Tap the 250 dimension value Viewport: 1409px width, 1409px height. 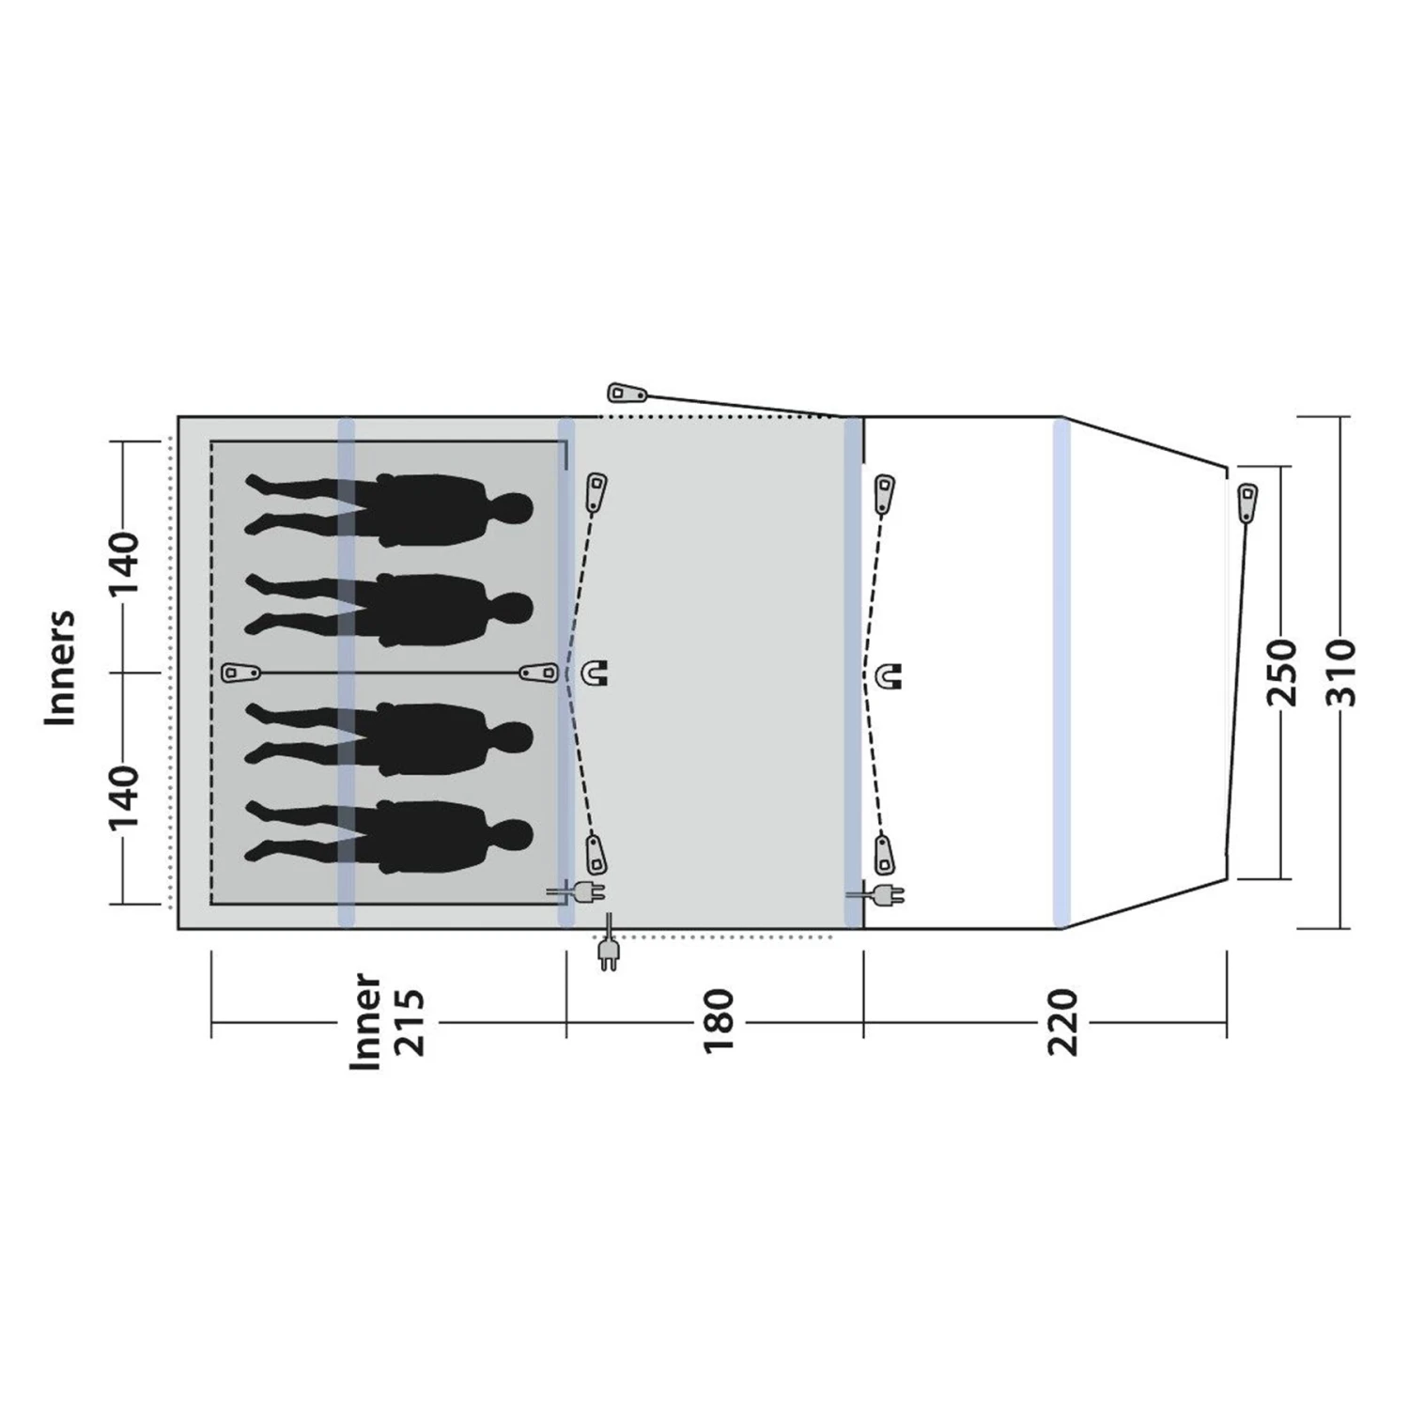(x=1282, y=672)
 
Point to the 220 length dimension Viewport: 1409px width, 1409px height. (x=1063, y=1022)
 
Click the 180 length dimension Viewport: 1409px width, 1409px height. (x=718, y=1022)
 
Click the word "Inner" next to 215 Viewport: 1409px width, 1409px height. (x=366, y=1022)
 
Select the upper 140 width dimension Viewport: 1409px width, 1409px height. (x=124, y=562)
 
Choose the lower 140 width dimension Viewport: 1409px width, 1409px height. (x=124, y=797)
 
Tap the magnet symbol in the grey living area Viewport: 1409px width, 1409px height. (x=596, y=673)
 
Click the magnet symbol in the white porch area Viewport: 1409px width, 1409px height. (x=888, y=674)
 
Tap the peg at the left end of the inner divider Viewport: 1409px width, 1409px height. (x=240, y=673)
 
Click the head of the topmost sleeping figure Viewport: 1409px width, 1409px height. (x=512, y=508)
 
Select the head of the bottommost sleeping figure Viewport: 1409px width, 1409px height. (x=512, y=836)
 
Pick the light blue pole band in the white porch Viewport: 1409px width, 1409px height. (x=1061, y=673)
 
